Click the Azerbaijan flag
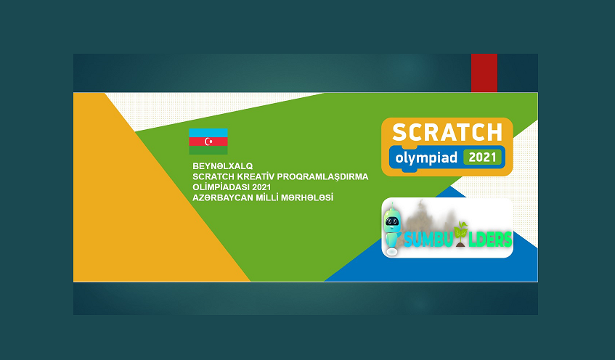pyautogui.click(x=208, y=142)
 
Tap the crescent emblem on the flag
pyautogui.click(x=208, y=142)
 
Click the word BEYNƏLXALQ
pyautogui.click(x=222, y=166)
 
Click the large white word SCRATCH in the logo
pyautogui.click(x=447, y=132)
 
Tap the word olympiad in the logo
pyautogui.click(x=426, y=158)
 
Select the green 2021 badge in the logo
pyautogui.click(x=482, y=157)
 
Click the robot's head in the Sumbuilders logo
pyautogui.click(x=392, y=221)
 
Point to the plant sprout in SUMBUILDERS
pyautogui.click(x=460, y=234)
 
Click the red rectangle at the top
pyautogui.click(x=484, y=73)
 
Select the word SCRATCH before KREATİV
pyautogui.click(x=213, y=176)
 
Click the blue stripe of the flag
pyautogui.click(x=208, y=133)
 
